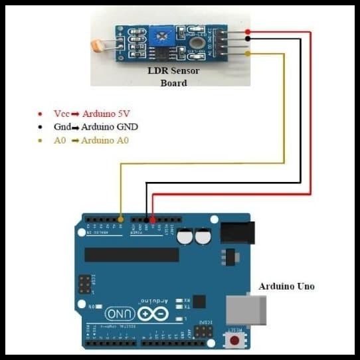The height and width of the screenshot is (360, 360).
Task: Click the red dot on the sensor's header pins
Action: pos(248,31)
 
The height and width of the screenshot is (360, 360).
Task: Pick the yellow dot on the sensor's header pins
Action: pos(248,53)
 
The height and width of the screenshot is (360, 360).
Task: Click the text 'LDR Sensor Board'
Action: pos(173,76)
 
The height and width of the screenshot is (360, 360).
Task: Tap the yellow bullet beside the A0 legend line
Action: pos(41,141)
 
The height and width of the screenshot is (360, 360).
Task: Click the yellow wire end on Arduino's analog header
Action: pos(120,219)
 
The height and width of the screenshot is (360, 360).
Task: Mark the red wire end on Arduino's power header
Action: pos(153,219)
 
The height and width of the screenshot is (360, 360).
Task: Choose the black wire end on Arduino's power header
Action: pos(147,219)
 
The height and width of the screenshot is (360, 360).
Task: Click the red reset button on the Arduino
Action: pos(234,341)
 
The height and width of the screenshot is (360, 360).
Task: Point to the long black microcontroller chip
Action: pos(132,255)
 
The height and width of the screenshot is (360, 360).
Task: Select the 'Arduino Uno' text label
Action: pos(286,287)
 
